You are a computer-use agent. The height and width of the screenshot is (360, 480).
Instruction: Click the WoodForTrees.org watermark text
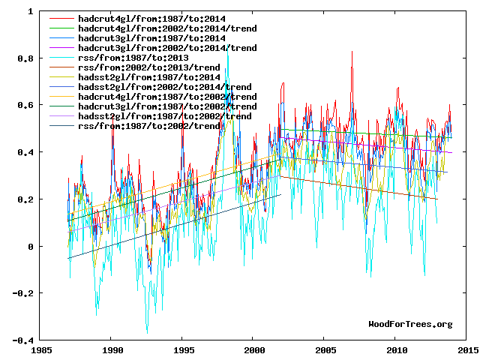click(411, 324)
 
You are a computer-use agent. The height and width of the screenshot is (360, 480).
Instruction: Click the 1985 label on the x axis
click(40, 350)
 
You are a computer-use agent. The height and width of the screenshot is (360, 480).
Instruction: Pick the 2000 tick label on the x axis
click(254, 350)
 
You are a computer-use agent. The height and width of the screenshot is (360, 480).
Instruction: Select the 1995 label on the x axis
click(183, 350)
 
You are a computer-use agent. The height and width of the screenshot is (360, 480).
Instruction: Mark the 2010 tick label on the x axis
click(397, 350)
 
